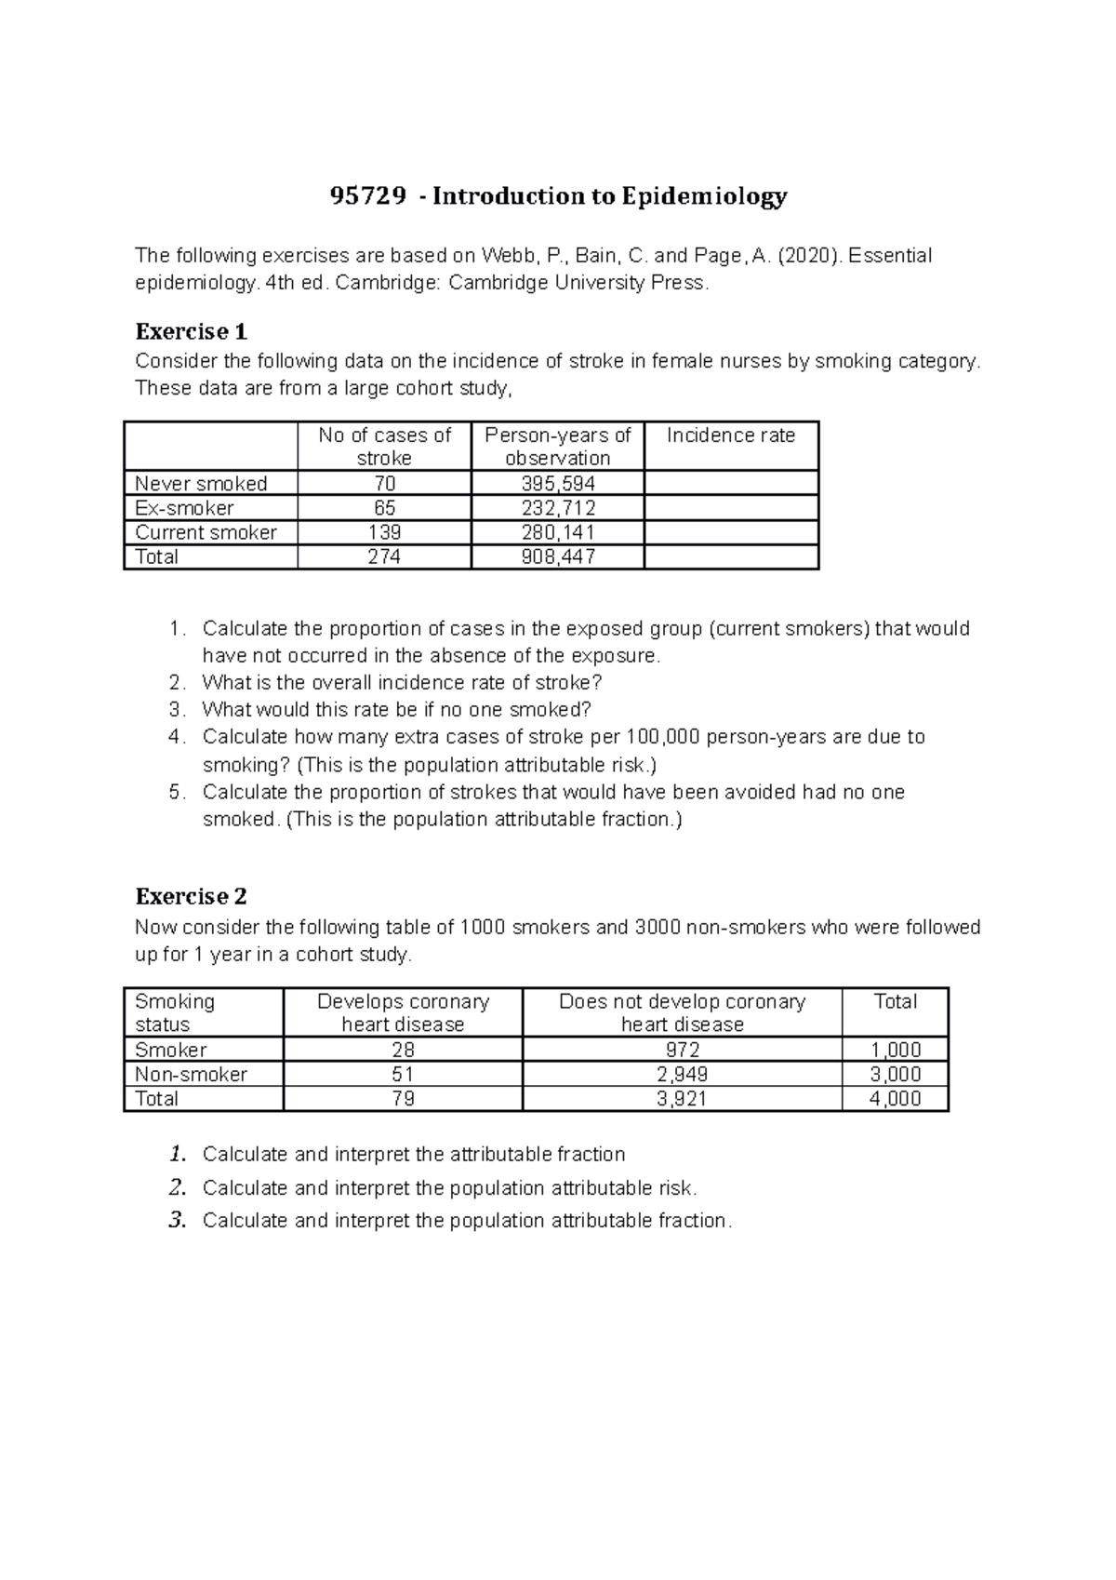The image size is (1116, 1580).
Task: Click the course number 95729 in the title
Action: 368,196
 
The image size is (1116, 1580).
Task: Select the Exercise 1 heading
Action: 192,332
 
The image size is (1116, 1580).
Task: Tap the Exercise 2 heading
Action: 192,897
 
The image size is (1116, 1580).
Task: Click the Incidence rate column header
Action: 731,435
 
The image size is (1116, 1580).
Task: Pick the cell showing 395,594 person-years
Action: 558,484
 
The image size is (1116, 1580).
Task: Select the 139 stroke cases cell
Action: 384,532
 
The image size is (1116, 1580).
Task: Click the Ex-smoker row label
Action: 184,508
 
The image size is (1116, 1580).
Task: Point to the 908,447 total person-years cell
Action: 558,556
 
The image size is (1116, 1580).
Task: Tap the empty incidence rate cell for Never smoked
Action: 731,484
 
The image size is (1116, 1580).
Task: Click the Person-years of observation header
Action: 558,447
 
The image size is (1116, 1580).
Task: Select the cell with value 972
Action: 682,1050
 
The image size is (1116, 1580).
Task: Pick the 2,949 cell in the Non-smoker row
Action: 682,1074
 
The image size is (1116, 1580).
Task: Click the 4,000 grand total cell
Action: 895,1098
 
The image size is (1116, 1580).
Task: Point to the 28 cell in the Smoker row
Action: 403,1050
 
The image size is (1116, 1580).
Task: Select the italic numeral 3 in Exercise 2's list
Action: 178,1221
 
